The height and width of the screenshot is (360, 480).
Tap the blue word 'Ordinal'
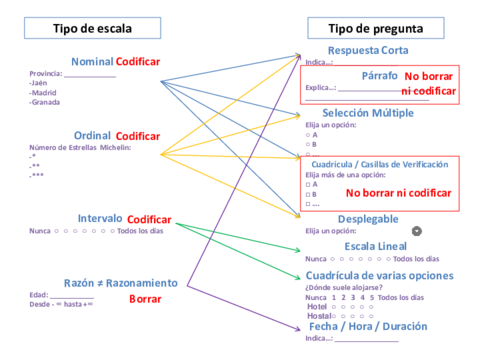92,135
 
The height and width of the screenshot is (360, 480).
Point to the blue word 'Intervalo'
100,219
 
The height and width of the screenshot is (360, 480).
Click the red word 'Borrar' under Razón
145,299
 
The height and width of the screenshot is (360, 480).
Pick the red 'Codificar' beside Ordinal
139,136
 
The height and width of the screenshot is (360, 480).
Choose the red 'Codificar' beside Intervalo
149,220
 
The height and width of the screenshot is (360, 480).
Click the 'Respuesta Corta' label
366,51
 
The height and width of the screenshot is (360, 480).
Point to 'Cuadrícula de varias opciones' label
379,276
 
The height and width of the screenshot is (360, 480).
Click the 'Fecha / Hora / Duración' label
368,326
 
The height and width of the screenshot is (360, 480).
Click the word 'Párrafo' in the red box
379,76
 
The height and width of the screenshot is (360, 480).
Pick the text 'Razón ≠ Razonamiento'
119,283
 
